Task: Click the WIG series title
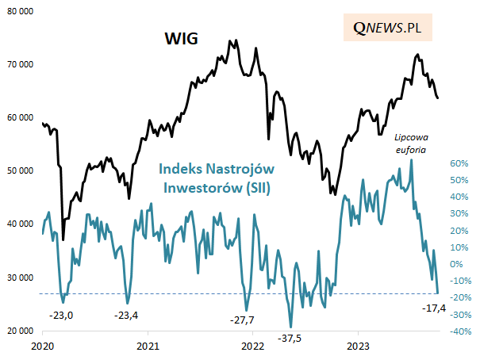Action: (181, 37)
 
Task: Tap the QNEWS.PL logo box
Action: (387, 28)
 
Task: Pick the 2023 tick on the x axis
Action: (359, 347)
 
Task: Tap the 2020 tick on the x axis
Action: (43, 347)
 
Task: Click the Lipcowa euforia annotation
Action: (410, 142)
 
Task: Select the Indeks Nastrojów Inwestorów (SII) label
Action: (213, 178)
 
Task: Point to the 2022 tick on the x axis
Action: (253, 347)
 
